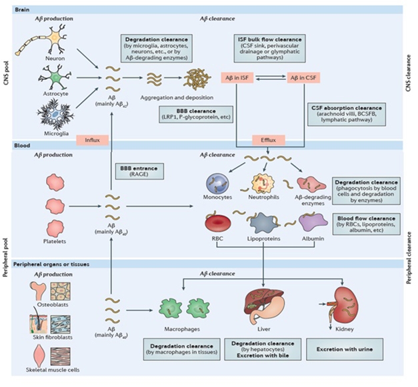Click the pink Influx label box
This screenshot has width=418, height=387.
(91, 139)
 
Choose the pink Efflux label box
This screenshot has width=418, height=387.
(269, 139)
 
